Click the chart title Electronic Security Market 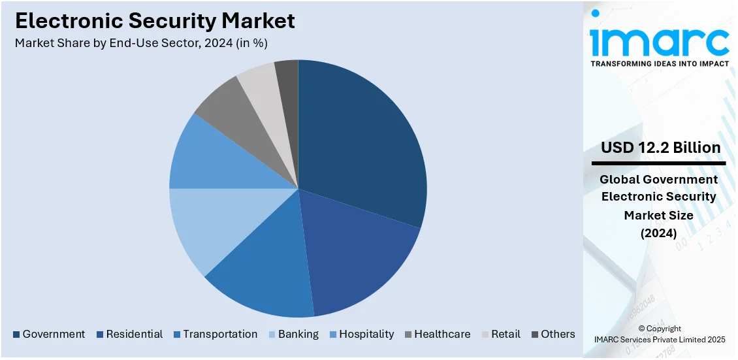155,21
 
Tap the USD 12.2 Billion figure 660,148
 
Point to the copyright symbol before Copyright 641,329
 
